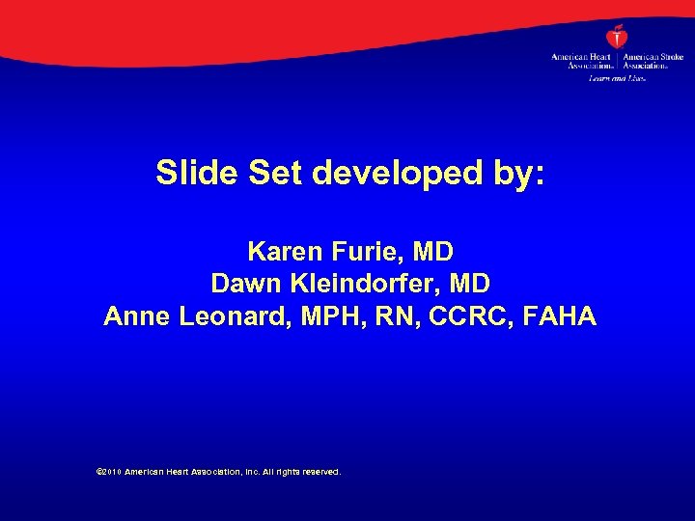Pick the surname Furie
[x=367, y=252]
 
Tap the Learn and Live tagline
[x=616, y=77]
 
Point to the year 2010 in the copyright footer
[x=108, y=473]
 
